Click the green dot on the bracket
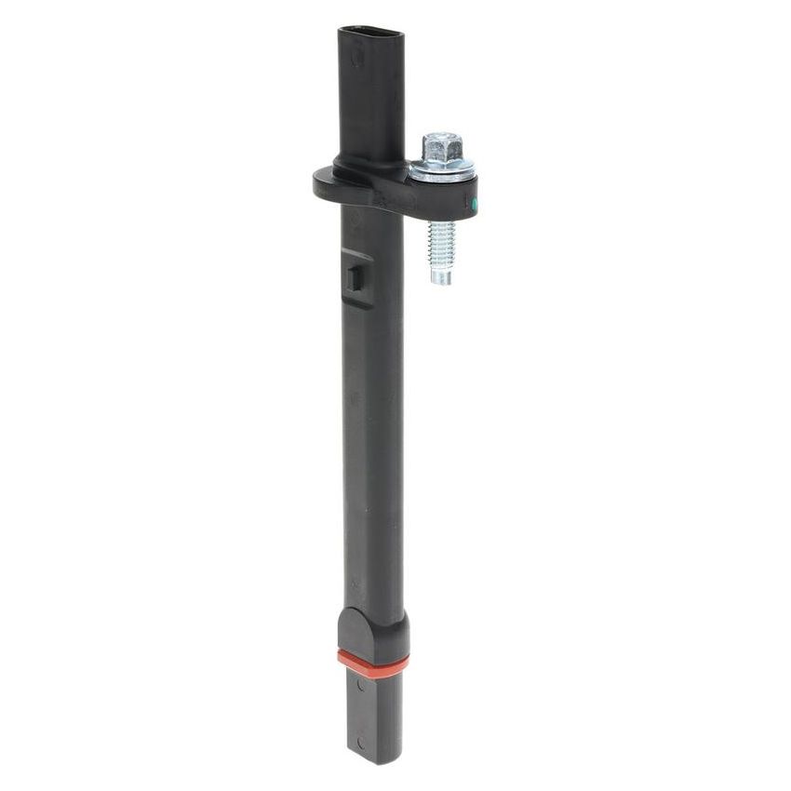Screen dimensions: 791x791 [474, 203]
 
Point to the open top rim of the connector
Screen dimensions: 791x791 [371, 34]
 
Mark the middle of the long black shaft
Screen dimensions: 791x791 [372, 419]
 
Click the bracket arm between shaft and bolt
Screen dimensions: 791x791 [409, 191]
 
